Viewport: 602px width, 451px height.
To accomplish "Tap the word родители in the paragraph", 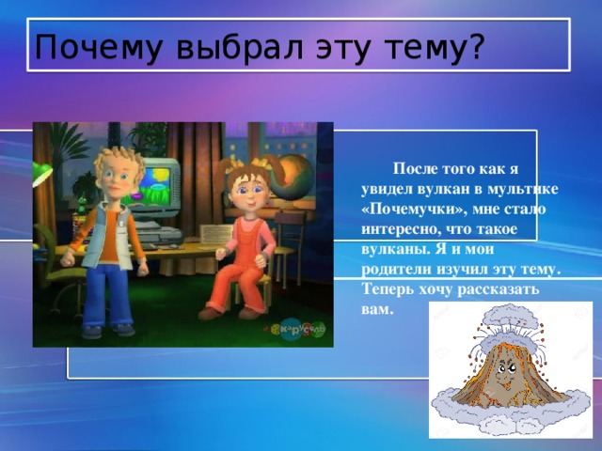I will (397, 271).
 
